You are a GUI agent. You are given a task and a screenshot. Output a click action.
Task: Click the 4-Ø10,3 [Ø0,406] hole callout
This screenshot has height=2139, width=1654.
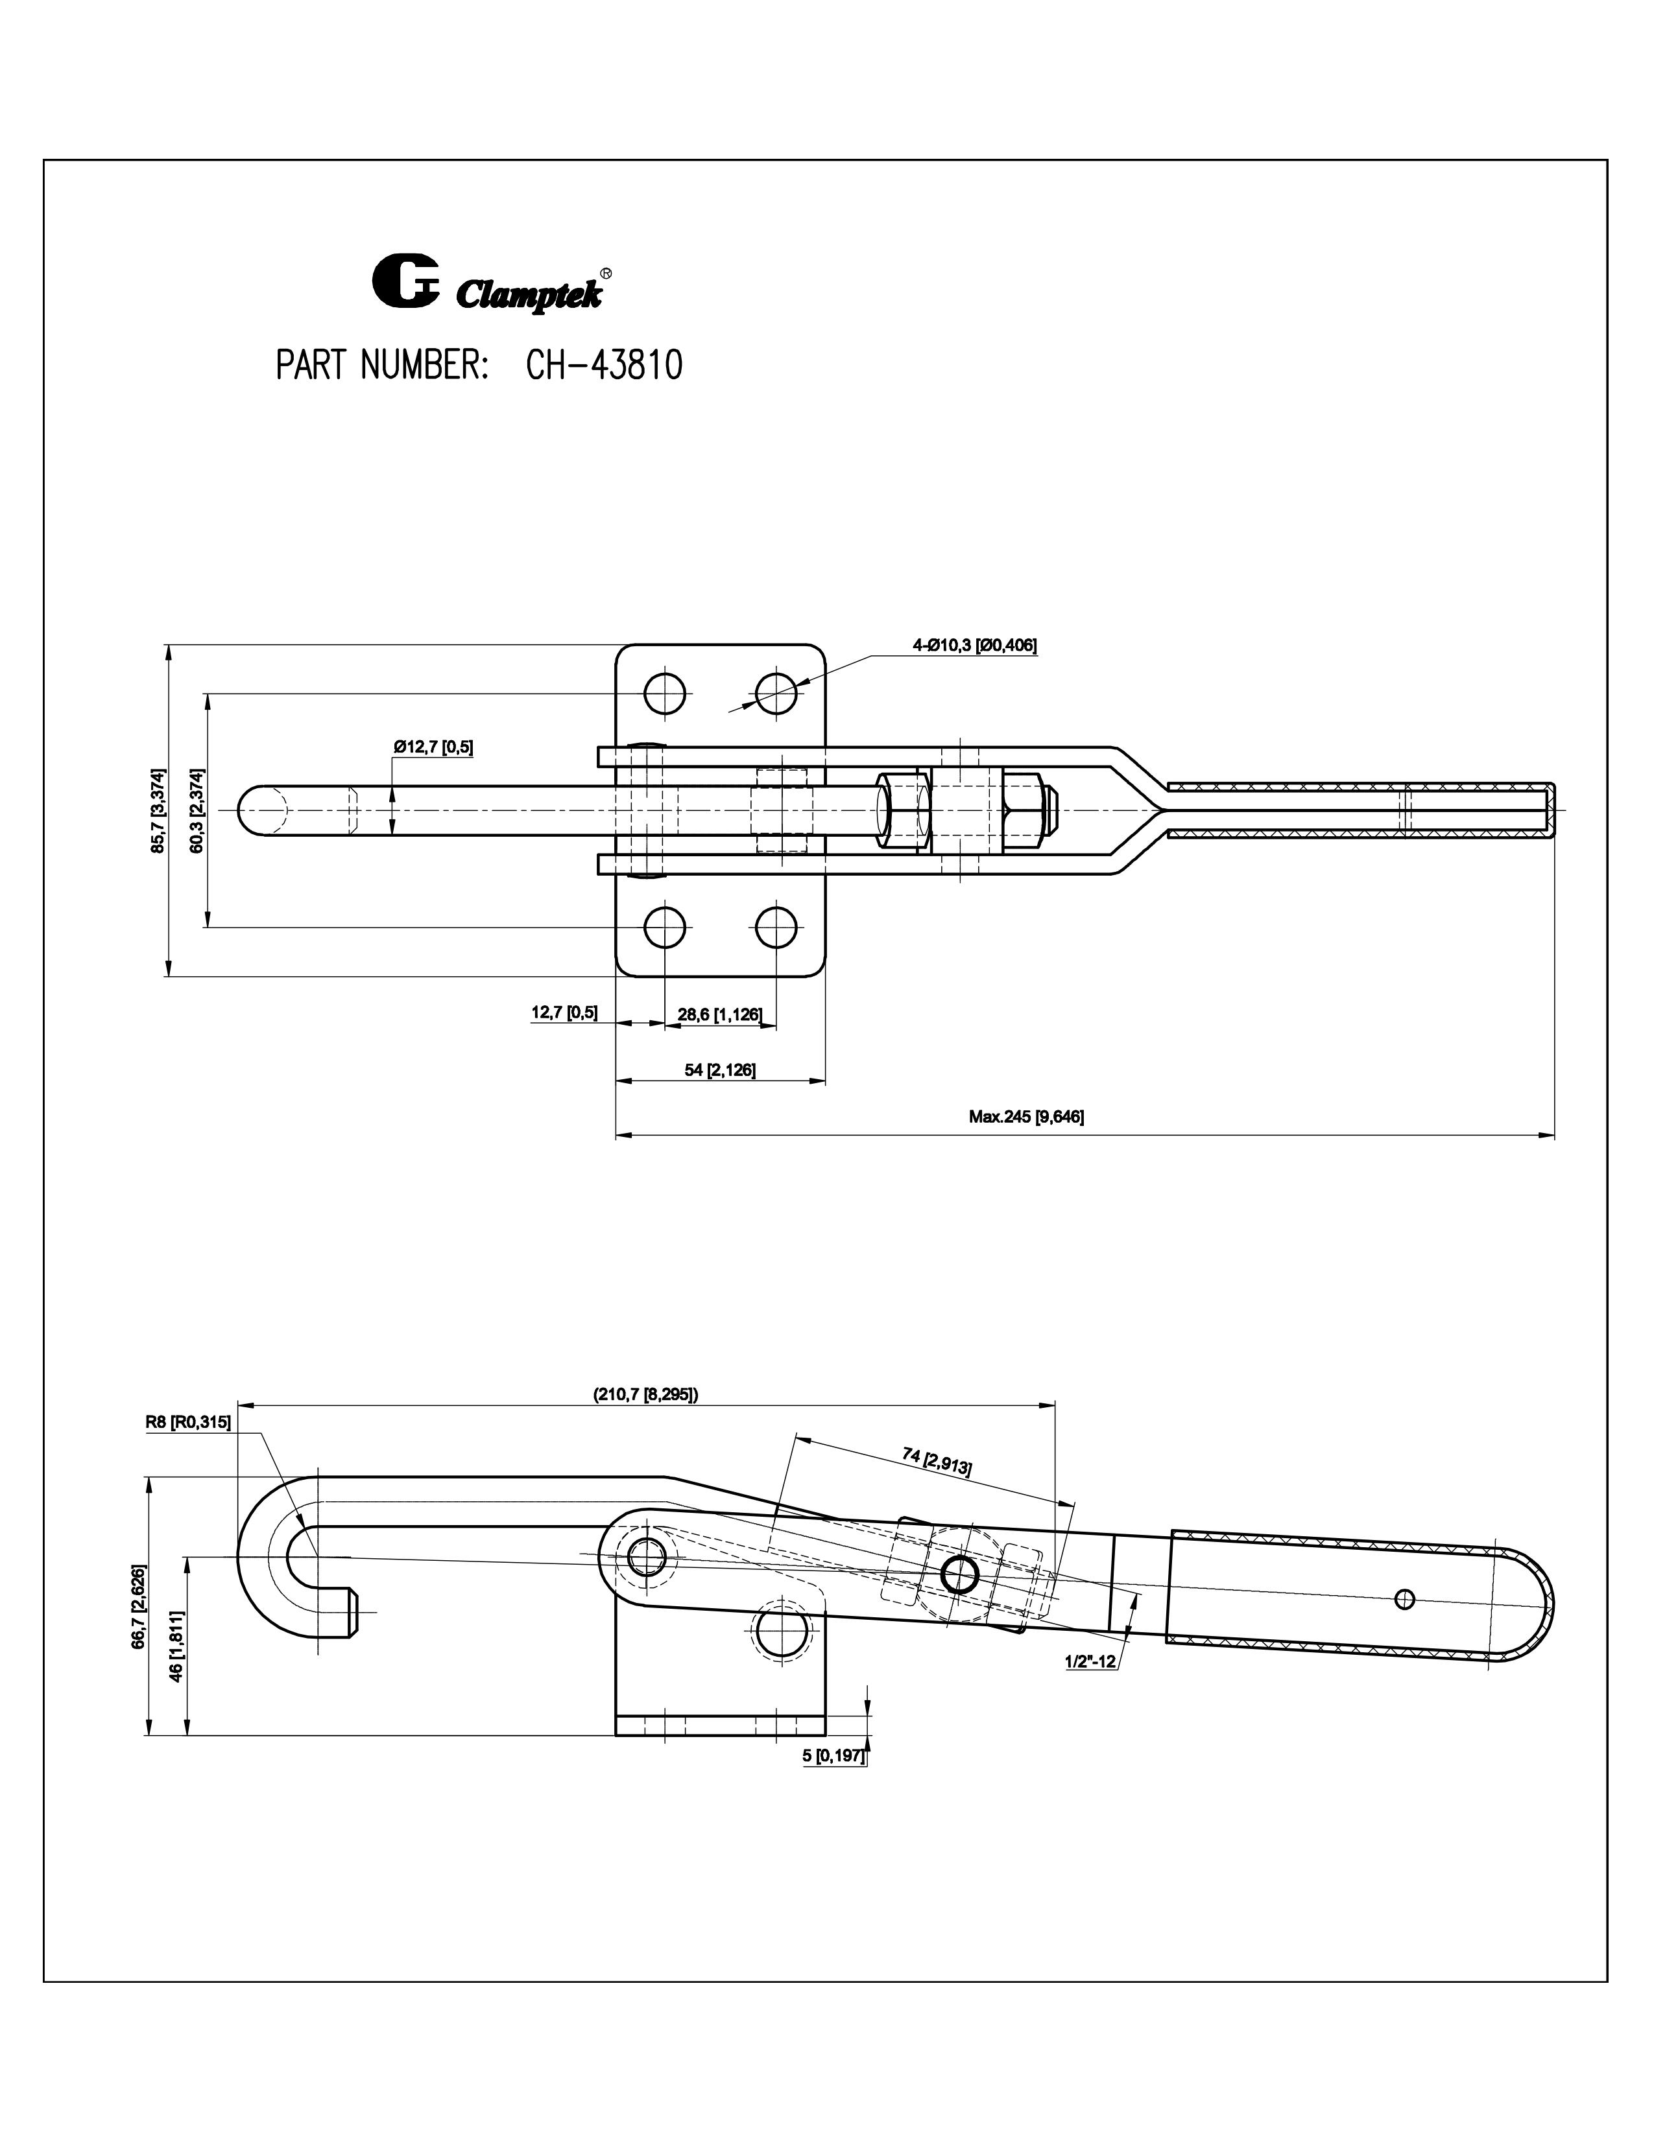click(x=974, y=644)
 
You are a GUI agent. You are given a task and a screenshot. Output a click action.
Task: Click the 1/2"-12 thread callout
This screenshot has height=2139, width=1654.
click(x=1090, y=1661)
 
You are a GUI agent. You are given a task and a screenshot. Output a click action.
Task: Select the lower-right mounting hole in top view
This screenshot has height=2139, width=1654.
click(x=776, y=926)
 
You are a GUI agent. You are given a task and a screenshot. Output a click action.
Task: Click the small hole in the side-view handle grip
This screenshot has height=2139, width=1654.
click(x=1405, y=1598)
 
